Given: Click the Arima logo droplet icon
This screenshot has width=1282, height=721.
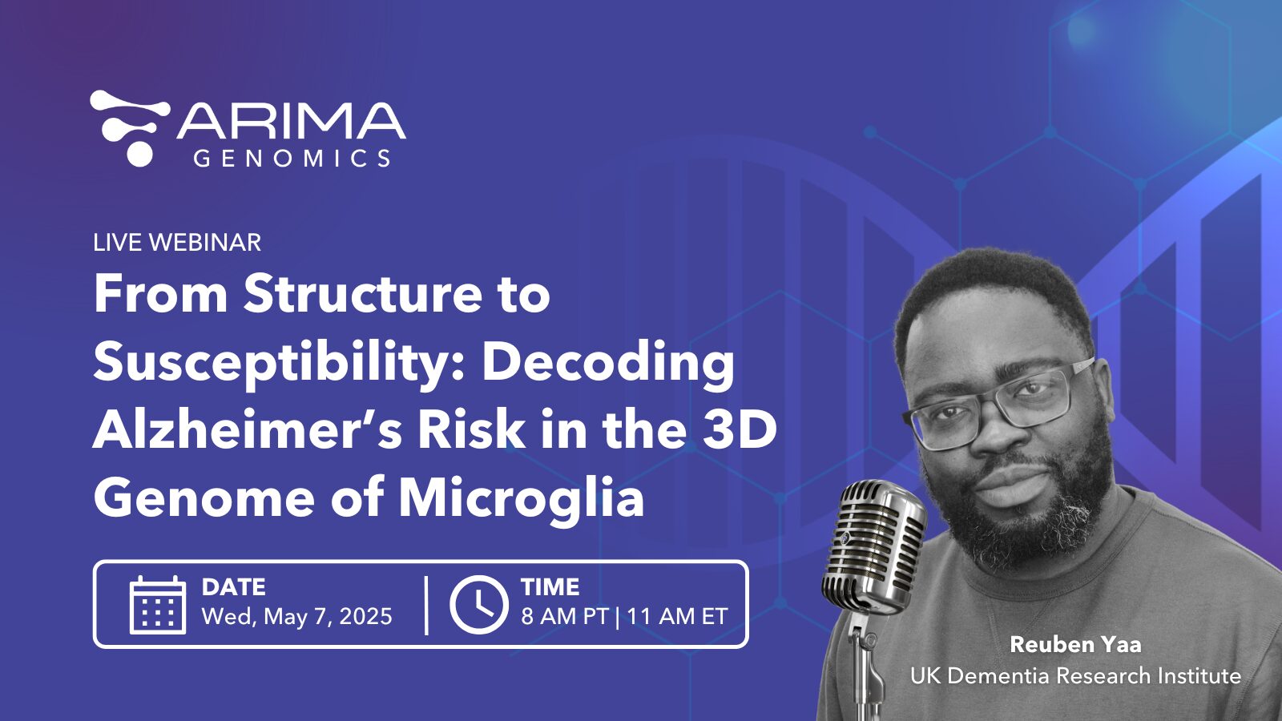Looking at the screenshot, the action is pyautogui.click(x=129, y=128).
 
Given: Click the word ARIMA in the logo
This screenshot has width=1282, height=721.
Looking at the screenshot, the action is pyautogui.click(x=292, y=121).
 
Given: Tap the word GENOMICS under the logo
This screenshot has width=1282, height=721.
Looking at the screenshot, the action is pyautogui.click(x=292, y=159).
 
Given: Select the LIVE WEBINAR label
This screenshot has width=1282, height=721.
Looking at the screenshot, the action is pyautogui.click(x=177, y=242).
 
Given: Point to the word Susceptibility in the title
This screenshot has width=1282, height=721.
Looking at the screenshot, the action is pyautogui.click(x=269, y=365).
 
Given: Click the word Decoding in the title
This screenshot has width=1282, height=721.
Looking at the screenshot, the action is pyautogui.click(x=608, y=365).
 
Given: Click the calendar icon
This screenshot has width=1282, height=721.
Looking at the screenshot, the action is pyautogui.click(x=157, y=605).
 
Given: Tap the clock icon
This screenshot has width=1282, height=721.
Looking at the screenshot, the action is pyautogui.click(x=478, y=605).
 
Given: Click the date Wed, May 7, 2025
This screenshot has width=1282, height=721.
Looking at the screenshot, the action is pyautogui.click(x=297, y=616).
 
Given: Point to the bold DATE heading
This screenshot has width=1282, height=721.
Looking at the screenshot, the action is pyautogui.click(x=233, y=587).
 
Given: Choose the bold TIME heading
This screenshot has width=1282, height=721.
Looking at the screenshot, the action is pyautogui.click(x=550, y=587).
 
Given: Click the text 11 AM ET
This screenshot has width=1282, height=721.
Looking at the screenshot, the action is pyautogui.click(x=677, y=616).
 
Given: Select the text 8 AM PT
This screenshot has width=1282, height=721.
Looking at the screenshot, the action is pyautogui.click(x=564, y=616).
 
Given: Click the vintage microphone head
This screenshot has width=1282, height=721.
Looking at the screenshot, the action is pyautogui.click(x=873, y=546).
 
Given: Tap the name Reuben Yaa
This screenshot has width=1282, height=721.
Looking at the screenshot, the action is pyautogui.click(x=1075, y=645).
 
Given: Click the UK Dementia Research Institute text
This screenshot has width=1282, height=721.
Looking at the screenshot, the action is pyautogui.click(x=1075, y=676).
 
